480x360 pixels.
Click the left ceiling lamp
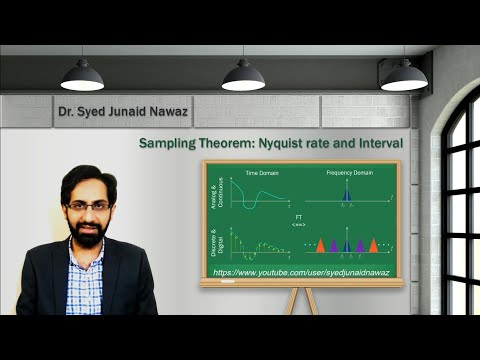point(82,75)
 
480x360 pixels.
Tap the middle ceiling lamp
point(243,75)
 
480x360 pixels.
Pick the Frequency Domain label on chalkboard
point(349,174)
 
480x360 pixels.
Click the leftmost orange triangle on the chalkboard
point(320,245)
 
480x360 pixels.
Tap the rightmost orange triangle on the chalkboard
point(373,245)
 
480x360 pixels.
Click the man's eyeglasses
point(88,205)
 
